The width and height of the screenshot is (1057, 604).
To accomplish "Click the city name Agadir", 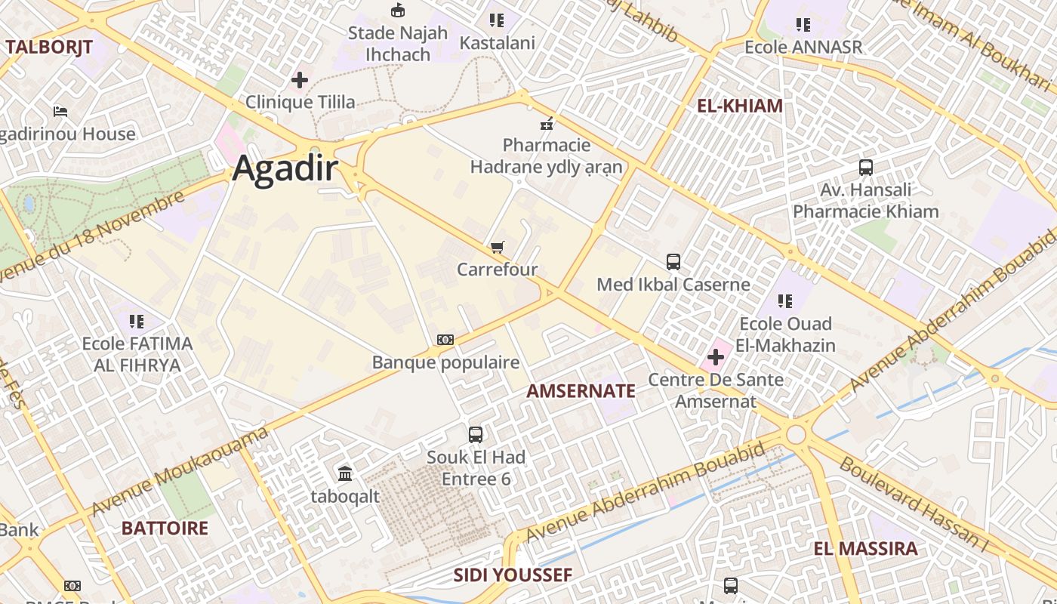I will point(285,168).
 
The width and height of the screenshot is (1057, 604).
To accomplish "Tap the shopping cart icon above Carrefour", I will point(497,248).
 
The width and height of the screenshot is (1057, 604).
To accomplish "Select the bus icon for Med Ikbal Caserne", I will point(673,262).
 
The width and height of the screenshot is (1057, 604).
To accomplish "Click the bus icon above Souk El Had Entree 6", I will point(476,435).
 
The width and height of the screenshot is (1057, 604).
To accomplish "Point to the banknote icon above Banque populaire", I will point(445,340).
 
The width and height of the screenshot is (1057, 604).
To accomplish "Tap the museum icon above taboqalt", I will point(345,474).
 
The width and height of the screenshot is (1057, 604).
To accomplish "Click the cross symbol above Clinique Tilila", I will point(300,79).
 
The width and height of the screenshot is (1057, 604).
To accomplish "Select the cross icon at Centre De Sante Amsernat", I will point(715,357).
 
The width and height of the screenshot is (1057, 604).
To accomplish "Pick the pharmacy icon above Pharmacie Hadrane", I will point(547,123).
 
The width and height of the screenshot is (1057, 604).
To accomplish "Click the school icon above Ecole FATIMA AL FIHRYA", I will point(137,322).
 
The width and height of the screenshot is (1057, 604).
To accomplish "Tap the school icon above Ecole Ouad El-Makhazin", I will point(785,301).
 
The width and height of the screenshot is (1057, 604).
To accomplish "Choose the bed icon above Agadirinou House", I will point(60,112).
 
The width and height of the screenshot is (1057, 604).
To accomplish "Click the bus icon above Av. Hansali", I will point(865,168).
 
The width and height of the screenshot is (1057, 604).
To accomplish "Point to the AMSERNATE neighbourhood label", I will point(581,391).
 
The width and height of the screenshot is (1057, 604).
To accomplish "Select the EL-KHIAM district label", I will point(739,106).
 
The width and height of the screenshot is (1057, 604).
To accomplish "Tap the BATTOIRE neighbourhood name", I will point(165,528).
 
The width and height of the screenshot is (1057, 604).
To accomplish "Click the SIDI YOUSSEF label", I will point(513,575).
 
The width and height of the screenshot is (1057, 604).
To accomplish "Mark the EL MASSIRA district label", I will point(865,549).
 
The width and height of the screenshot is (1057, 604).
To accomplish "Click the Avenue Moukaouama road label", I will point(180,472).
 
